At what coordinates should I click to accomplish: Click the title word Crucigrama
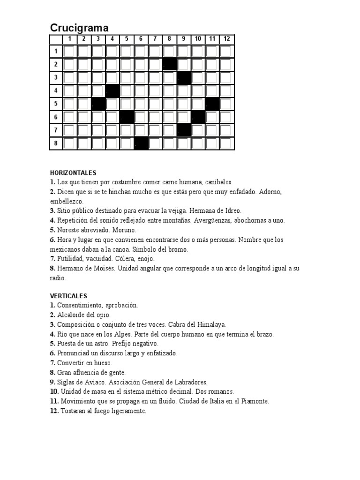click(79, 28)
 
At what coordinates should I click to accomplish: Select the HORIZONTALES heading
click(73, 172)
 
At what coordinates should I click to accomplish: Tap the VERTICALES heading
click(68, 296)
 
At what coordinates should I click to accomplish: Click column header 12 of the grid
click(227, 39)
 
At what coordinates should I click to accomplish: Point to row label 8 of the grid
click(56, 143)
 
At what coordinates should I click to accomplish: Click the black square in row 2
click(169, 64)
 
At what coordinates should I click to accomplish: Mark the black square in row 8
click(141, 143)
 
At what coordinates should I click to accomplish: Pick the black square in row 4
click(112, 90)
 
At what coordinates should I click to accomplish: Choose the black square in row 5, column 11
click(212, 104)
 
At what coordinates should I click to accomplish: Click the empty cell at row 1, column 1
click(69, 51)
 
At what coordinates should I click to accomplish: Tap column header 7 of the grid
click(155, 39)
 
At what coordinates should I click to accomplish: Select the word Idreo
click(232, 211)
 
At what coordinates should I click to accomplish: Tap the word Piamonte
click(256, 401)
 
